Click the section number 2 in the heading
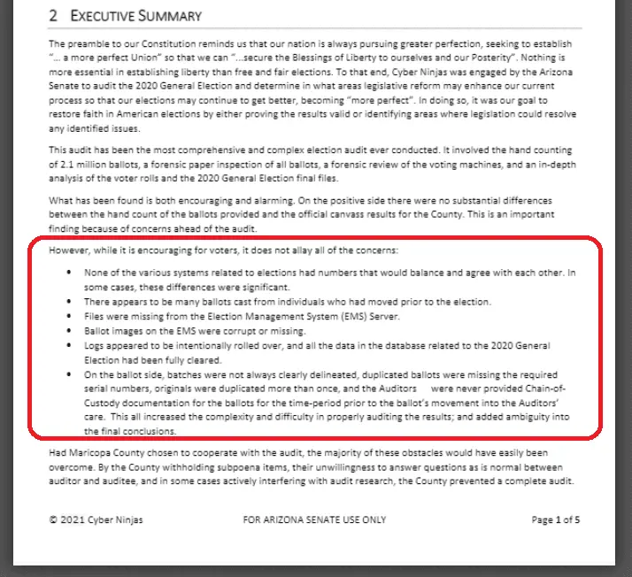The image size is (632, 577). click(53, 16)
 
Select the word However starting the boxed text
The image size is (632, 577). click(70, 249)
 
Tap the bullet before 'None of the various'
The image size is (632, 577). click(70, 273)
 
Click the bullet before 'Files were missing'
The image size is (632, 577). click(70, 316)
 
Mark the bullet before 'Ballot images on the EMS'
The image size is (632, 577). click(70, 331)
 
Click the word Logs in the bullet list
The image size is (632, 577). click(95, 345)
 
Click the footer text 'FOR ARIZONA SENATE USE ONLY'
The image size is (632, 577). click(314, 519)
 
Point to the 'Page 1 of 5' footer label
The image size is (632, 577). click(555, 519)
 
